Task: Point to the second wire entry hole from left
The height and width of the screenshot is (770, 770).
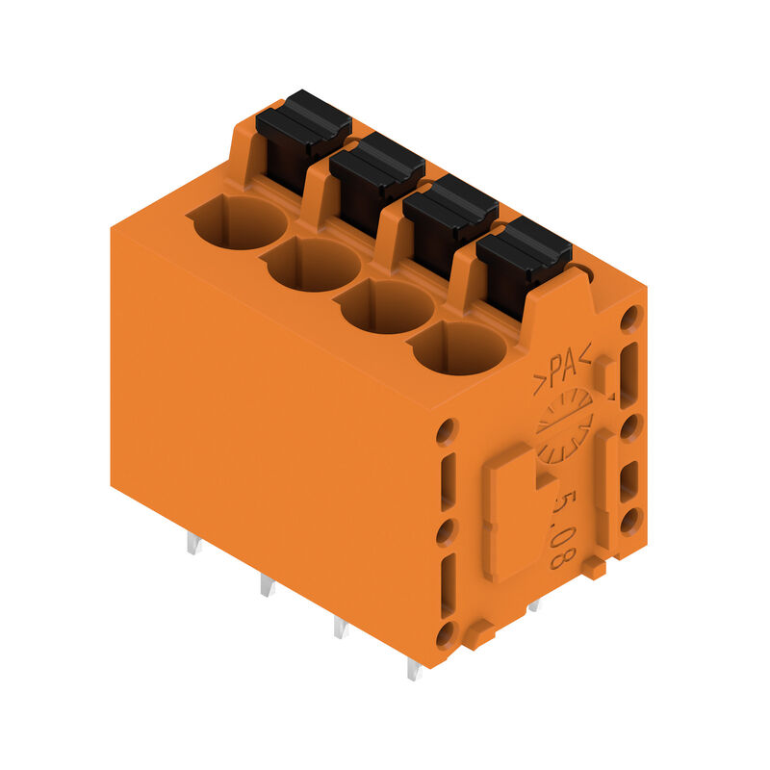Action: click(x=313, y=264)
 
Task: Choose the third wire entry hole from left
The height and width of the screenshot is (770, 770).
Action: click(x=386, y=306)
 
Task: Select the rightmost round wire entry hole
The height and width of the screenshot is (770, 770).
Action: click(x=460, y=347)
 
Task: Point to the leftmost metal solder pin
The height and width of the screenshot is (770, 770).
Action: click(x=193, y=544)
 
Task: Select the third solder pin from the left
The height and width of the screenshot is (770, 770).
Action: click(x=340, y=628)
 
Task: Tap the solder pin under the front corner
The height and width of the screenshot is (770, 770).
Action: click(x=414, y=669)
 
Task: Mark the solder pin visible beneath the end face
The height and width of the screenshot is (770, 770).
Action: click(x=534, y=605)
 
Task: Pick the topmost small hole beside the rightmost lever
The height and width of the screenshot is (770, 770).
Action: click(x=630, y=318)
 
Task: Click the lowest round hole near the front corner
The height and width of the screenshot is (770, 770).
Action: click(x=446, y=635)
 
